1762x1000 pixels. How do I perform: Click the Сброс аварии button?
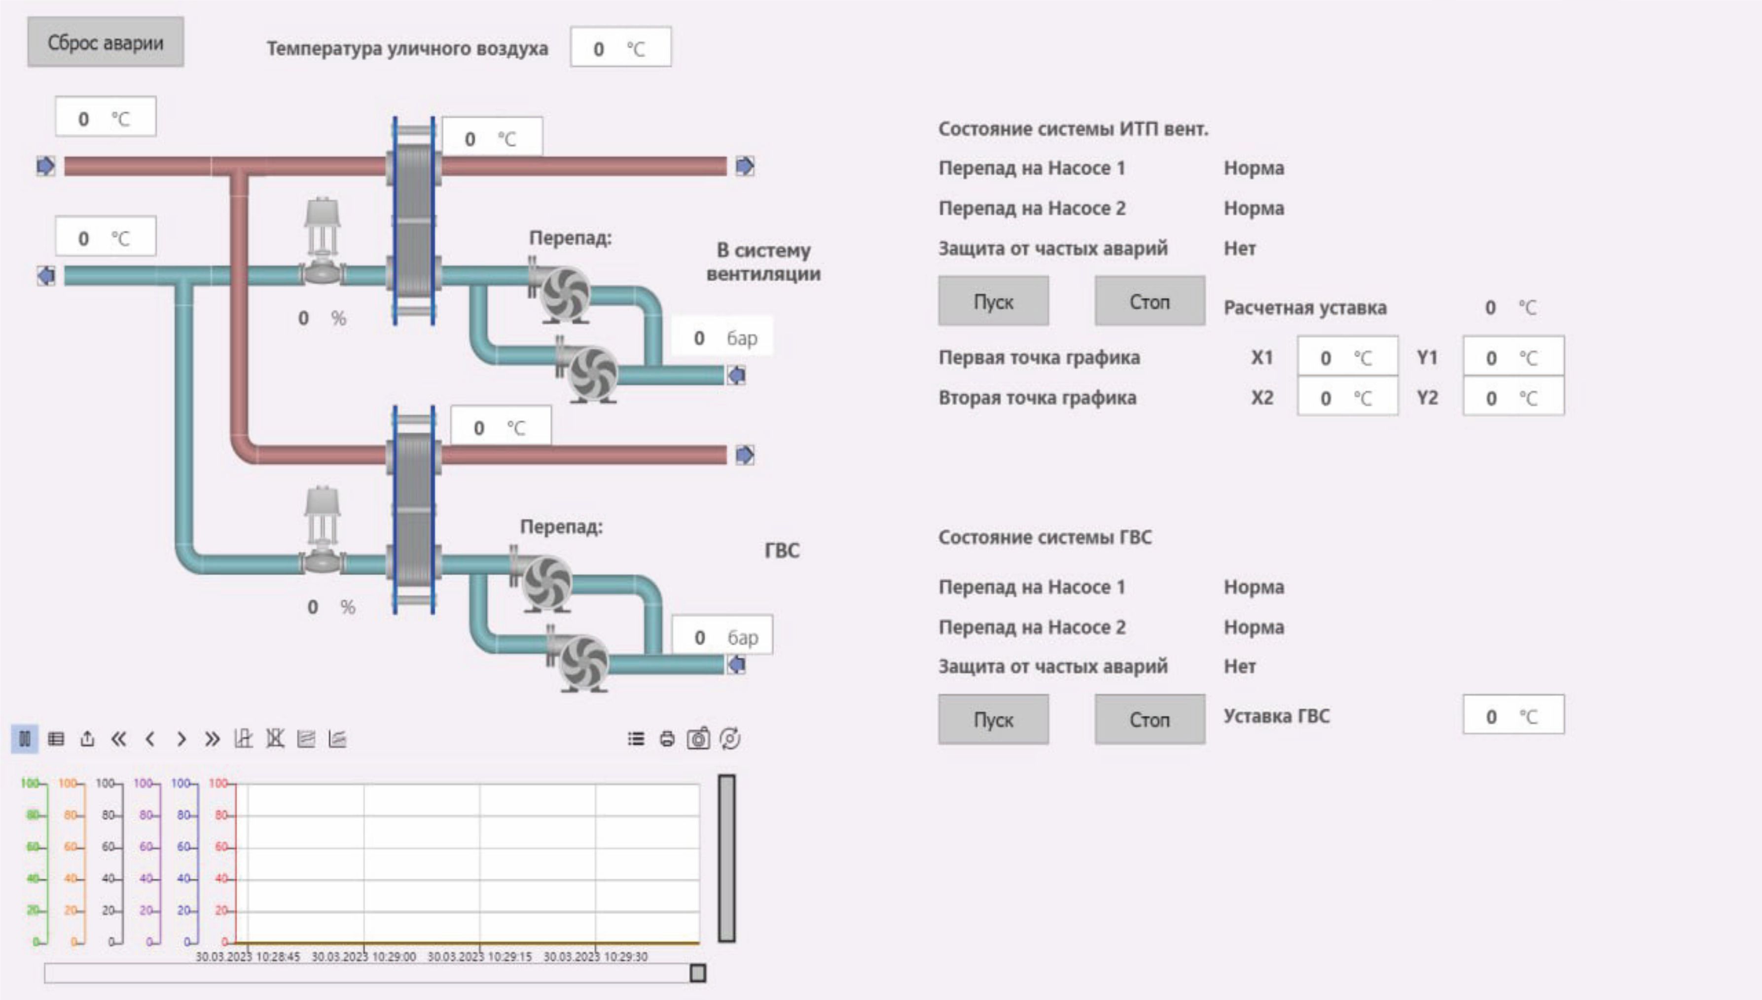coord(106,42)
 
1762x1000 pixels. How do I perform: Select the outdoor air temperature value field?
coord(620,47)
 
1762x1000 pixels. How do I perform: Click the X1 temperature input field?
coord(1347,357)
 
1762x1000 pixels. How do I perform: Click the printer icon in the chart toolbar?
coord(667,739)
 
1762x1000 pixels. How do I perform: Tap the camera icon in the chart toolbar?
coord(698,739)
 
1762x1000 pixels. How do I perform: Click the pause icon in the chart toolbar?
coord(25,739)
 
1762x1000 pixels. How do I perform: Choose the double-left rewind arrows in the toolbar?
coord(119,739)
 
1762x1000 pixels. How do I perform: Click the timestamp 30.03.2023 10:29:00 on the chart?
coord(364,956)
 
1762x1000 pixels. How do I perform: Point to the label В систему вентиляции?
coord(763,261)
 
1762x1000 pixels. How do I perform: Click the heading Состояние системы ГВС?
coord(1044,537)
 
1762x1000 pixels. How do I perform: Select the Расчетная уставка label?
coord(1305,308)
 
